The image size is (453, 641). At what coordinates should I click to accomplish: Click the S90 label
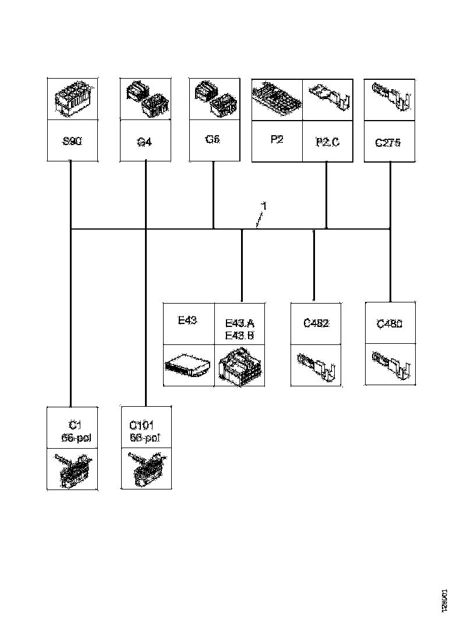coord(72,141)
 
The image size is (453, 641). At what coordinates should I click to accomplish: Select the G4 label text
coord(144,142)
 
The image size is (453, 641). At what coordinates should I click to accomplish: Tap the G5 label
coord(213,140)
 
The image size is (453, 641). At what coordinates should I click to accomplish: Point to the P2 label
coord(277,140)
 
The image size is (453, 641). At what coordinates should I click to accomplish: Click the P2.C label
coord(327,142)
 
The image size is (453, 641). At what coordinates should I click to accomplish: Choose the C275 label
coord(388,142)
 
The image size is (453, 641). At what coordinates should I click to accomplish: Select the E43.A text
coord(239,323)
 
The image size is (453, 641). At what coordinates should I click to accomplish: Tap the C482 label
coord(316,323)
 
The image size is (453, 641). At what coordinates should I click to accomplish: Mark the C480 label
coord(390,323)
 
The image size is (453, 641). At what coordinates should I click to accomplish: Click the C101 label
coord(142,426)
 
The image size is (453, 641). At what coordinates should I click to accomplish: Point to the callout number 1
coord(264,206)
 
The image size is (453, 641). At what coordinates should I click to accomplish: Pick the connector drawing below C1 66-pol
coord(72,469)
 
